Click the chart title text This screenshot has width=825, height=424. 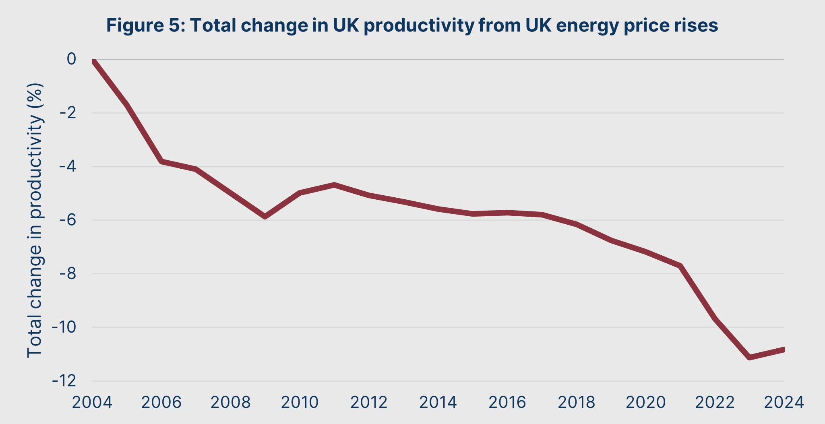pos(412,25)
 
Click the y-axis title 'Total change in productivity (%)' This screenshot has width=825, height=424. pos(35,220)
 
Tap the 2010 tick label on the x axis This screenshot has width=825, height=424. pos(300,402)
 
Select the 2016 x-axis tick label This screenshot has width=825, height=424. pos(507,402)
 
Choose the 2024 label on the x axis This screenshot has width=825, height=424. pos(784,402)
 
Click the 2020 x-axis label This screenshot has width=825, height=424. pos(646,402)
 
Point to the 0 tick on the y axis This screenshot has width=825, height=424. pos(71,59)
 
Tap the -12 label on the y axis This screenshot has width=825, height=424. pos(64,381)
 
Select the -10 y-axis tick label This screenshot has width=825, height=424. pos(64,327)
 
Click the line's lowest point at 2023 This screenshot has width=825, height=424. pos(749,357)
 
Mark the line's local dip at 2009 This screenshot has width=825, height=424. pos(265,217)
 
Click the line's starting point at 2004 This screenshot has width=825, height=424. pos(93,60)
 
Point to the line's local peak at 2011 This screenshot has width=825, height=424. pos(334,185)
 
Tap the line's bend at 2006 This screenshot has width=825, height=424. pos(161,161)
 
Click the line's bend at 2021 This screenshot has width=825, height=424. pos(680,266)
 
